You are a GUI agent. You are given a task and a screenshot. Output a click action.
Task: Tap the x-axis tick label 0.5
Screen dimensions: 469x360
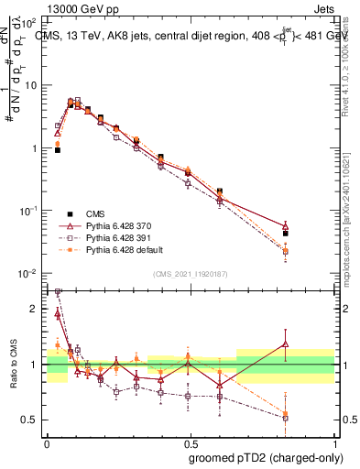click(190, 442)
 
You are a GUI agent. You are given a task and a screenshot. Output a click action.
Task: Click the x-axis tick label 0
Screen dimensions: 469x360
click(47, 442)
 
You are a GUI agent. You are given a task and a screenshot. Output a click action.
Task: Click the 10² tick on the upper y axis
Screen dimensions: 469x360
click(29, 22)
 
